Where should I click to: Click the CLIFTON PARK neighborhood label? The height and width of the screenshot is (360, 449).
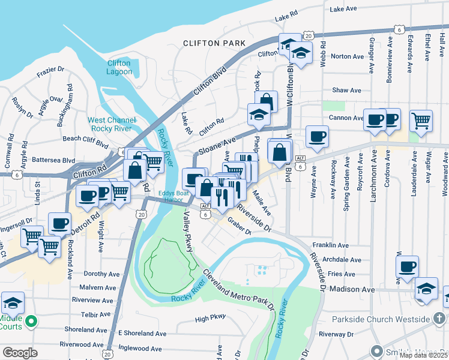[x=214, y=43]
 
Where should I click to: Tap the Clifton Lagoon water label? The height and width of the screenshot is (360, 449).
[x=119, y=67]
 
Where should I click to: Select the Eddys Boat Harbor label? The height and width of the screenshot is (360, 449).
[x=174, y=197]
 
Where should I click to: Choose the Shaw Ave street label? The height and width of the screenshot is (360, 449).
[x=347, y=90]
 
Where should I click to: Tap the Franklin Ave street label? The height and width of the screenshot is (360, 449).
[x=330, y=245]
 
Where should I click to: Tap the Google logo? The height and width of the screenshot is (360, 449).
[x=20, y=352]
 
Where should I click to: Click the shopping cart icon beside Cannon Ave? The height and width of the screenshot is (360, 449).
[x=421, y=119]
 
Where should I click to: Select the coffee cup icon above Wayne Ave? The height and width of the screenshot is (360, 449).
[x=317, y=135]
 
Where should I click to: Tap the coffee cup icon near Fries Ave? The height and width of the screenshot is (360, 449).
[x=408, y=265]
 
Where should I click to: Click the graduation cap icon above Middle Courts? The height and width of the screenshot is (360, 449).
[x=13, y=302]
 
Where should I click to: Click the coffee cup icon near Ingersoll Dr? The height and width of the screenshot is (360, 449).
[x=59, y=223]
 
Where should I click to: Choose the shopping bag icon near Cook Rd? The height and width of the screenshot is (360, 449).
[x=266, y=101]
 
